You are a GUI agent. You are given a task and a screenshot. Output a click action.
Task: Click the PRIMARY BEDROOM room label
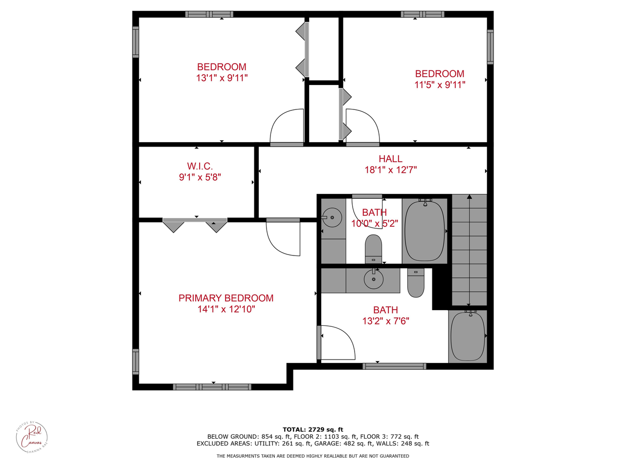pos(225,298)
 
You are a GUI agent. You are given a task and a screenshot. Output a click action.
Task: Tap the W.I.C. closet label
pos(200,167)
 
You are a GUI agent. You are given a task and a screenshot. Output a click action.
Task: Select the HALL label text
pos(390,159)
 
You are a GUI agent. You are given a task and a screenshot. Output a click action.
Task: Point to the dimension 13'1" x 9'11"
pos(222,78)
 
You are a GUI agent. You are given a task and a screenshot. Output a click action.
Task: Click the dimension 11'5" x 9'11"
pos(439,85)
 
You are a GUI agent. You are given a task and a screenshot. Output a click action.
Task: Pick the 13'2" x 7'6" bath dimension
pos(385,321)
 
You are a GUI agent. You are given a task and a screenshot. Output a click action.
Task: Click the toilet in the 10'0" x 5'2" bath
pos(373,249)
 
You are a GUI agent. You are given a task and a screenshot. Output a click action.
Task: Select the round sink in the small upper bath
pos(332,217)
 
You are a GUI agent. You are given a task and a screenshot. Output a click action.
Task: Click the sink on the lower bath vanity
pos(374,279)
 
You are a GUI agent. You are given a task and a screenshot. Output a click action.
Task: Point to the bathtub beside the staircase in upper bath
pos(425,230)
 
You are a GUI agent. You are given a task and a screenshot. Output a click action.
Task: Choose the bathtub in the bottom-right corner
pos(468,336)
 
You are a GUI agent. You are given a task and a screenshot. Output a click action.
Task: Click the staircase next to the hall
pos(469,250)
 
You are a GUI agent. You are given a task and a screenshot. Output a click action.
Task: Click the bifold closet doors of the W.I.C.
pos(195,225)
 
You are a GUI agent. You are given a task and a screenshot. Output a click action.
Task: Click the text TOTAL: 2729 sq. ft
pos(313,429)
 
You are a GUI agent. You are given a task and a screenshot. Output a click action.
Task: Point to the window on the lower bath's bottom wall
pos(394,366)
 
